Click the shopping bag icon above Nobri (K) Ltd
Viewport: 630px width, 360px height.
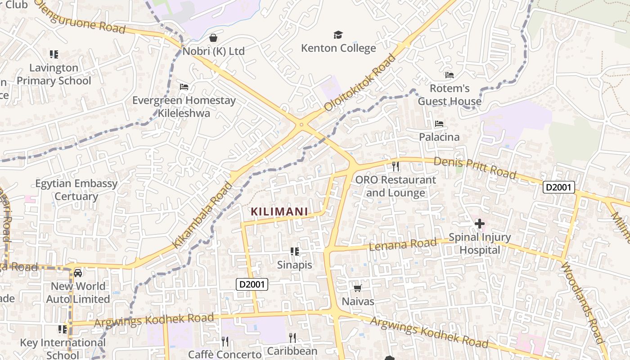(x=213, y=37)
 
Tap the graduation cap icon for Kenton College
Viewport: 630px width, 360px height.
(x=338, y=35)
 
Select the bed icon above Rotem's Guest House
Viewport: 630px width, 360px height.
(x=449, y=75)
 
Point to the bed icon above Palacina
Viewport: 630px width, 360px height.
(x=439, y=123)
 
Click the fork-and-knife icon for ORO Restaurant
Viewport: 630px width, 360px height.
(x=396, y=166)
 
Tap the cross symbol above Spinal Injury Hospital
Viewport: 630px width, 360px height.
(x=480, y=223)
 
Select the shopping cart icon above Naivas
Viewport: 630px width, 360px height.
(x=358, y=288)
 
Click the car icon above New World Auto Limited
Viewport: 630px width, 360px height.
(x=78, y=273)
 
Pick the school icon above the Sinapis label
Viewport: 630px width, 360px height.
(x=295, y=251)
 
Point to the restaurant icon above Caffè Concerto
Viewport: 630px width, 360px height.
(x=225, y=342)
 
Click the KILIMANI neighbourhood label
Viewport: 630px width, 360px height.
(x=279, y=211)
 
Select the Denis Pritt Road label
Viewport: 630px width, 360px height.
(x=475, y=167)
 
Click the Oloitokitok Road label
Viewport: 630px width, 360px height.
(x=360, y=83)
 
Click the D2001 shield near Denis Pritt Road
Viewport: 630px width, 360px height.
(x=558, y=187)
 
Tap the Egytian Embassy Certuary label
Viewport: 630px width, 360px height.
(x=76, y=190)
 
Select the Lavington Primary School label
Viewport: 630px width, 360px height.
(x=54, y=74)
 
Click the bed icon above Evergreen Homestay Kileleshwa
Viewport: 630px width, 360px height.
(x=184, y=86)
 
